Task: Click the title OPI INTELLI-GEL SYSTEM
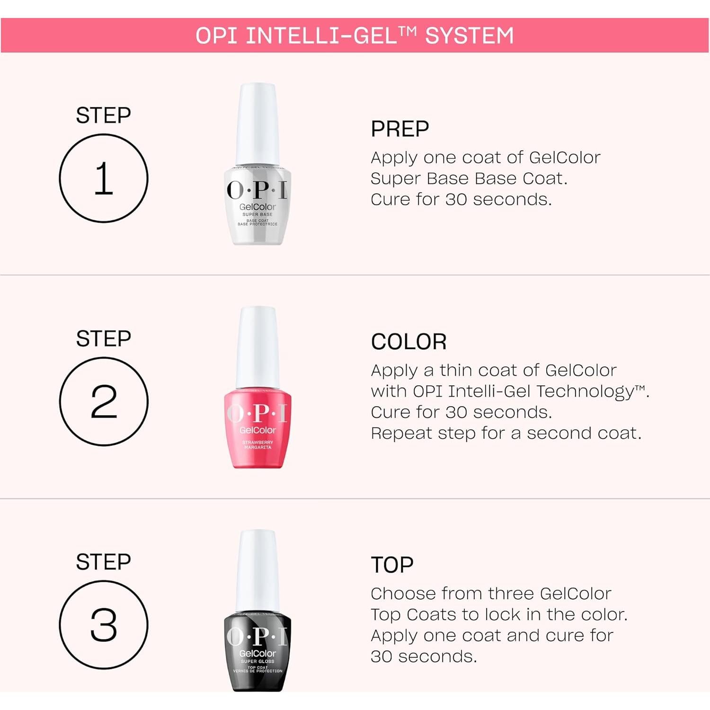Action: pyautogui.click(x=355, y=35)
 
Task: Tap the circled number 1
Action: pyautogui.click(x=104, y=178)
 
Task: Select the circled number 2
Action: pyautogui.click(x=104, y=401)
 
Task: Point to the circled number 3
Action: pyautogui.click(x=104, y=625)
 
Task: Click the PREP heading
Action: pyautogui.click(x=400, y=129)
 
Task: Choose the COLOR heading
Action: pyautogui.click(x=408, y=342)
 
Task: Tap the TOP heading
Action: pyautogui.click(x=392, y=565)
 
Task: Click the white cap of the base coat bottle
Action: pyautogui.click(x=257, y=123)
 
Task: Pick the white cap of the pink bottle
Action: pyautogui.click(x=257, y=346)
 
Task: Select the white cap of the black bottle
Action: pyautogui.click(x=257, y=570)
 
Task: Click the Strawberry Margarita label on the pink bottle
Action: pyautogui.click(x=257, y=444)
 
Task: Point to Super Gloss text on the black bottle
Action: pyautogui.click(x=257, y=661)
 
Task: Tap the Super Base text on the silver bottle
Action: pyautogui.click(x=257, y=214)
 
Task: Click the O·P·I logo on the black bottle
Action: pyautogui.click(x=257, y=637)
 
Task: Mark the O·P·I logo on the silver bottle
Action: pyautogui.click(x=257, y=190)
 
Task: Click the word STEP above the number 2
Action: pyautogui.click(x=104, y=339)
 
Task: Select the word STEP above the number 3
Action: pyautogui.click(x=104, y=562)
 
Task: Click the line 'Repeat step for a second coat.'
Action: pyautogui.click(x=506, y=433)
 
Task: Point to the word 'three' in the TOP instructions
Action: pyautogui.click(x=511, y=594)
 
